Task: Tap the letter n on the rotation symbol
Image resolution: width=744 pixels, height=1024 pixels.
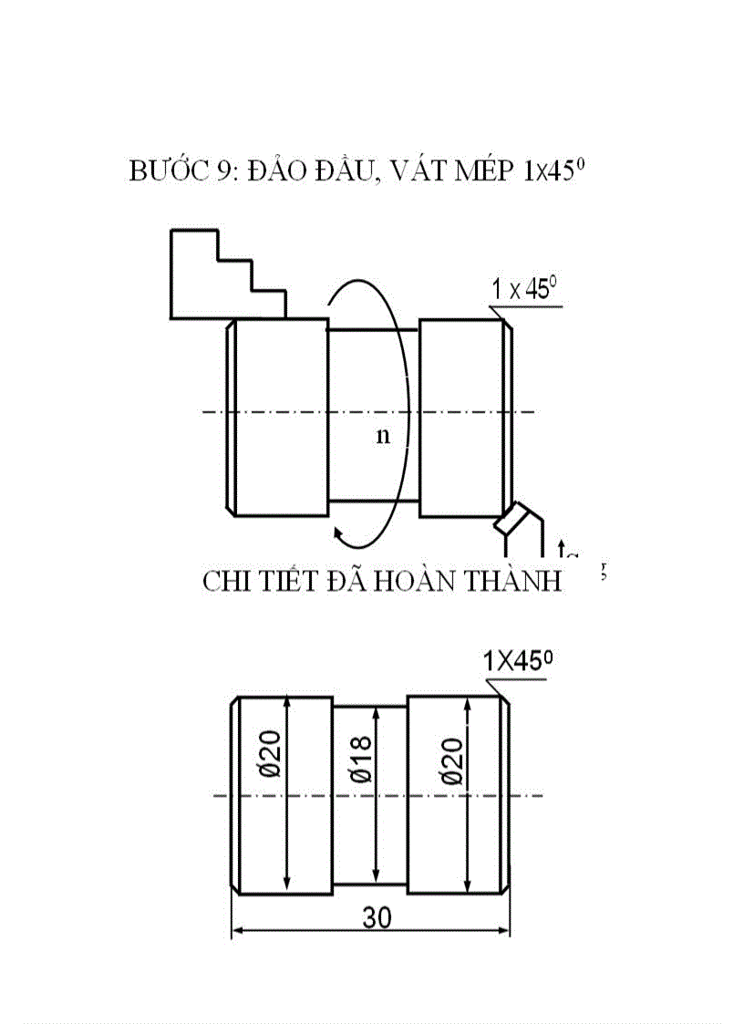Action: [x=383, y=435]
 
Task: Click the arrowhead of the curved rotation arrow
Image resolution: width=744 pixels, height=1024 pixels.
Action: [x=339, y=534]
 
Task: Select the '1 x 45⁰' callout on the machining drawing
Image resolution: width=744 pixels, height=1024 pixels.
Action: [x=524, y=291]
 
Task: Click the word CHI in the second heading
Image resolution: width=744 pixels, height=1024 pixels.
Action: [x=227, y=582]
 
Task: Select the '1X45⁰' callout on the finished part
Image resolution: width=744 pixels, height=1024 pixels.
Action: [x=518, y=663]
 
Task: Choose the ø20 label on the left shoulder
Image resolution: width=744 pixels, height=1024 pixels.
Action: [x=271, y=757]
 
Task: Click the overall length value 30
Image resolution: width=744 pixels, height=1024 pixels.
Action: [x=376, y=918]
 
